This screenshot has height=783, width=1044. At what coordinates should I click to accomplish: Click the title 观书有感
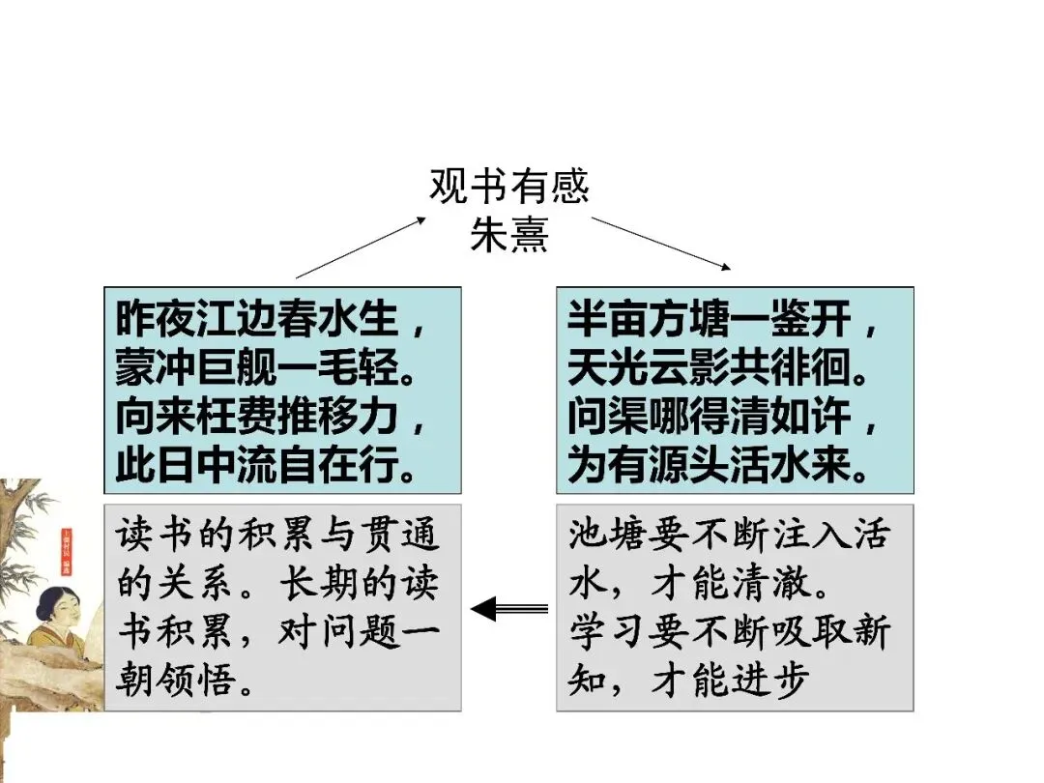[x=509, y=187]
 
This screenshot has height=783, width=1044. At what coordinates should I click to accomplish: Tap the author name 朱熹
[x=509, y=235]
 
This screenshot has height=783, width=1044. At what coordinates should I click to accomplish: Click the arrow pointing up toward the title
[x=360, y=247]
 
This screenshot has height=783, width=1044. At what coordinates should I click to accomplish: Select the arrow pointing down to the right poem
[x=661, y=243]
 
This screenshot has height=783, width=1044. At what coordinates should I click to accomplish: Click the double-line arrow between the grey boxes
[x=508, y=608]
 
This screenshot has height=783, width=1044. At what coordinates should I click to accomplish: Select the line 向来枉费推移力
[x=271, y=418]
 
